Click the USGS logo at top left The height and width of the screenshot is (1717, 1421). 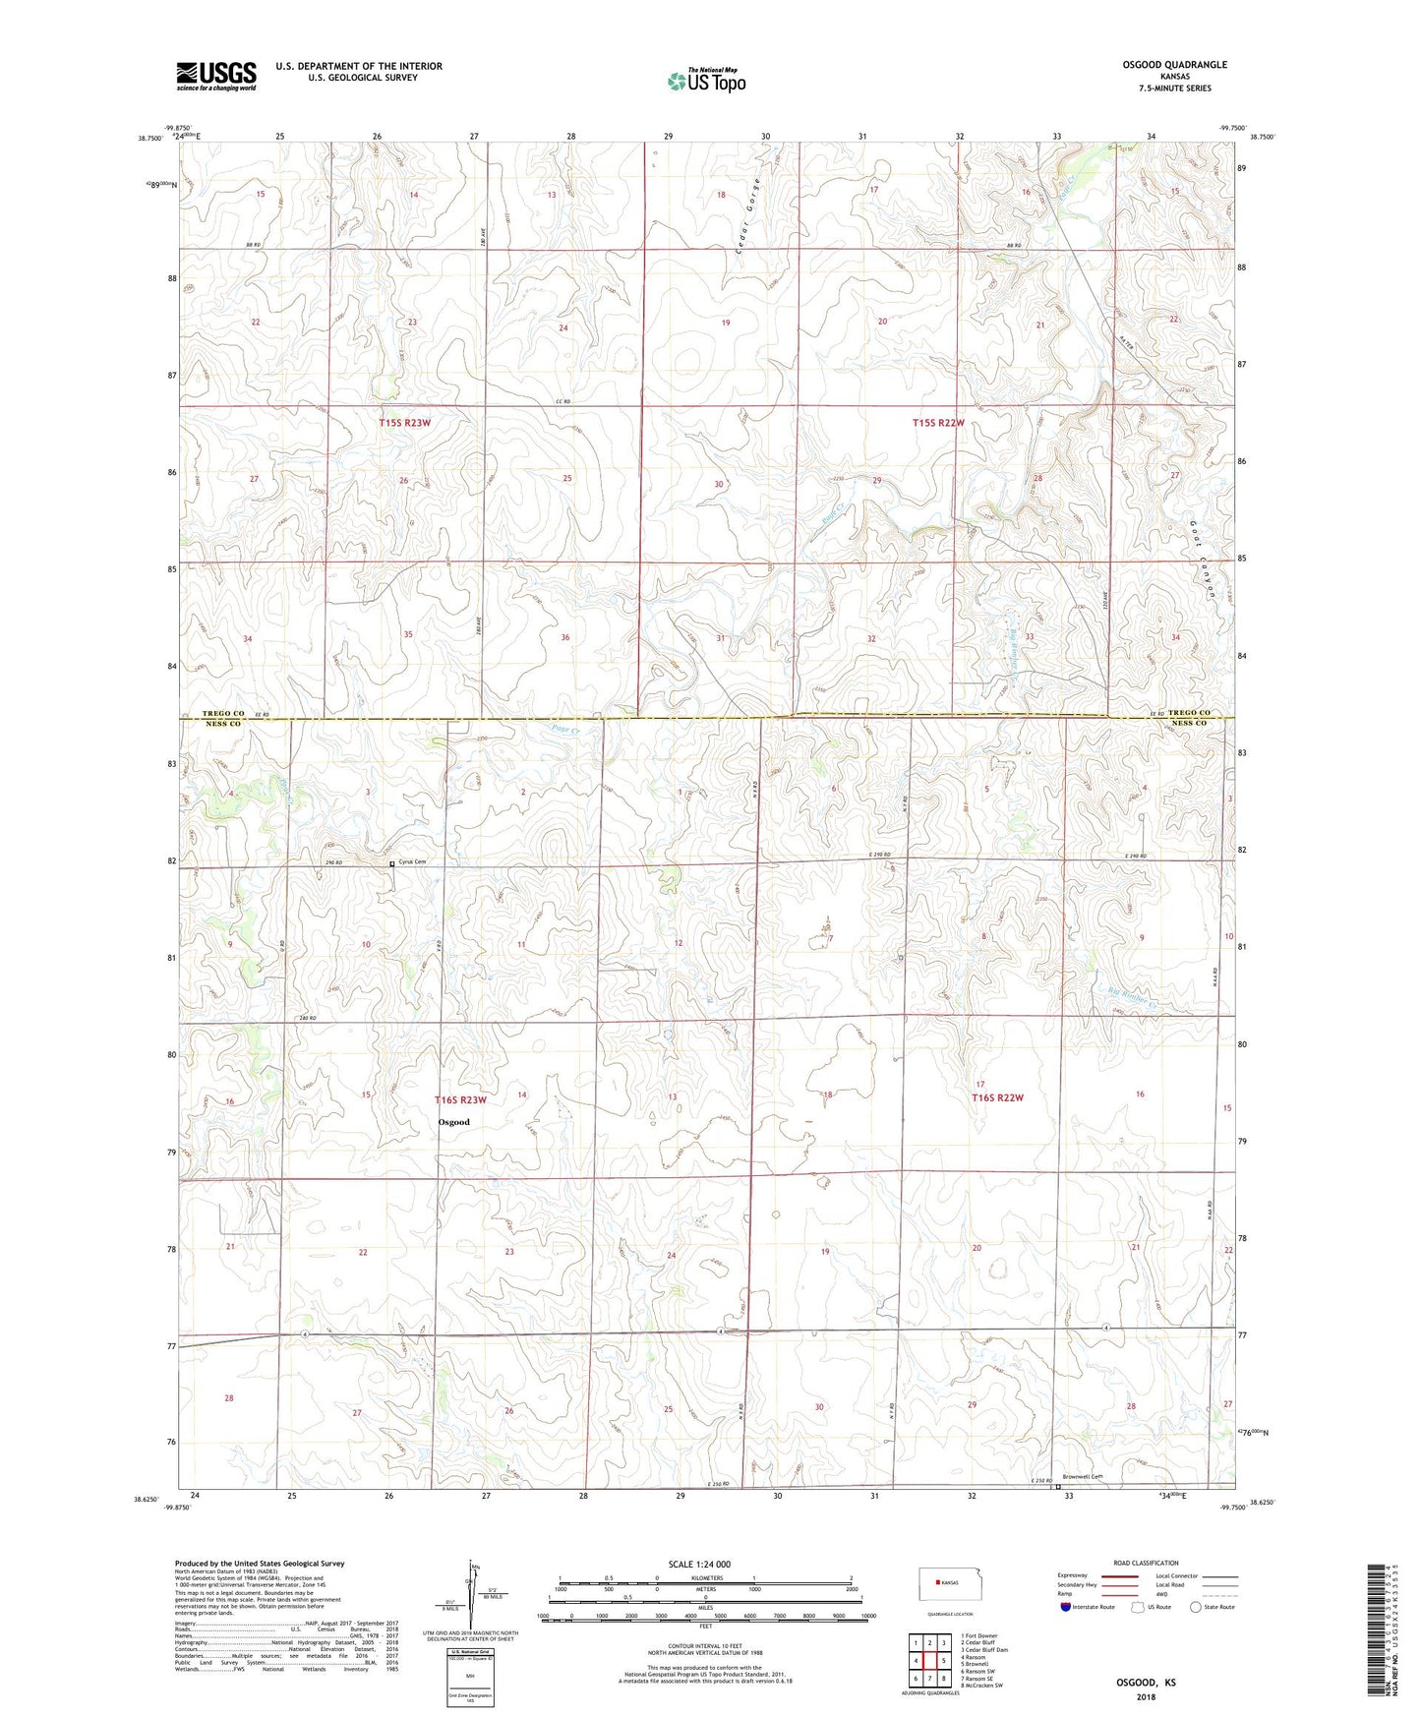coord(216,75)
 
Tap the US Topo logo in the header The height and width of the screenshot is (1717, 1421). coord(705,81)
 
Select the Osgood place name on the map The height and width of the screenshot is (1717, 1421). coord(453,1122)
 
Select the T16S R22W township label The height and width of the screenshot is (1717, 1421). coord(998,1097)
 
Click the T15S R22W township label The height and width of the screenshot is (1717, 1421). coord(938,423)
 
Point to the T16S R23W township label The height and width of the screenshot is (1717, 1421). coord(461,1099)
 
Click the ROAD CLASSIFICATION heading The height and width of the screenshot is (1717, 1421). coord(1146,1563)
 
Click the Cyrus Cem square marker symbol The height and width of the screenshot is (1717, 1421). coord(392,863)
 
